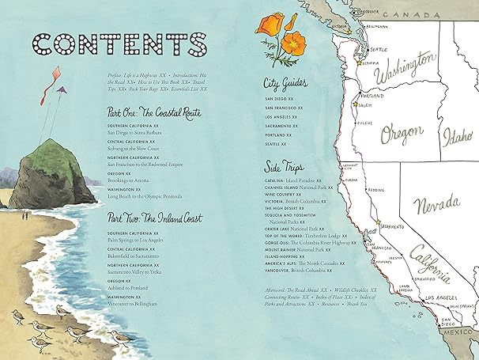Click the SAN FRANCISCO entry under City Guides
tap(285, 107)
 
